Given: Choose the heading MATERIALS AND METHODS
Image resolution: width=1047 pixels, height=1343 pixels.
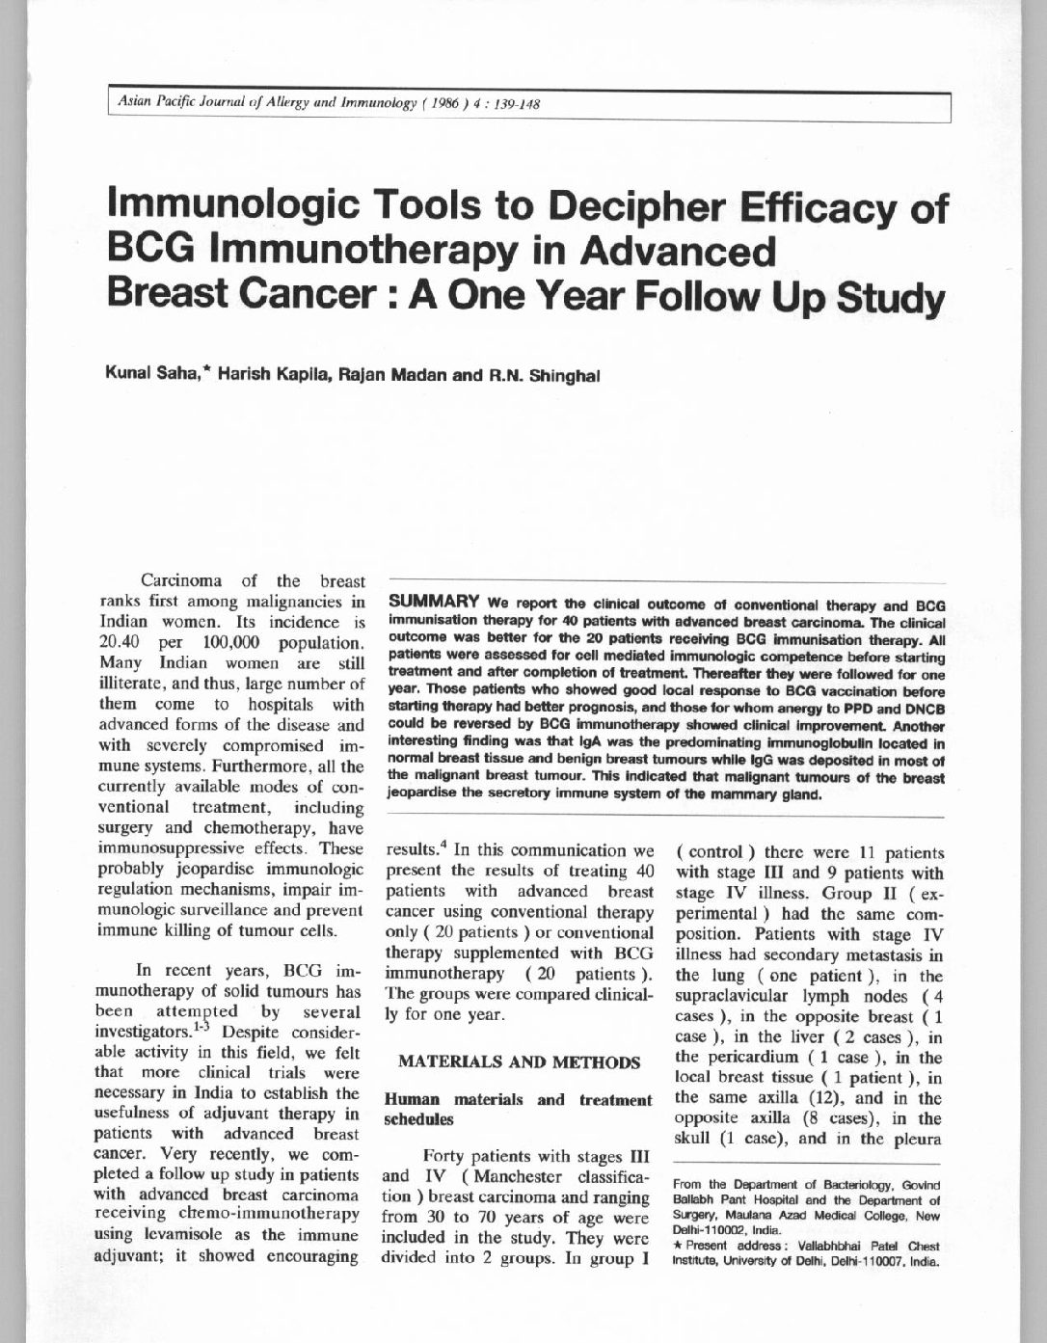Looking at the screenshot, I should (x=519, y=1062).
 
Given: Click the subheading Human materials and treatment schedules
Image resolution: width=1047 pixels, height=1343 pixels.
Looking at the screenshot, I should (x=518, y=1109).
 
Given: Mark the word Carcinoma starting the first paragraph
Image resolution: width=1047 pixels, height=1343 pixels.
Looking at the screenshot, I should (x=181, y=581).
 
